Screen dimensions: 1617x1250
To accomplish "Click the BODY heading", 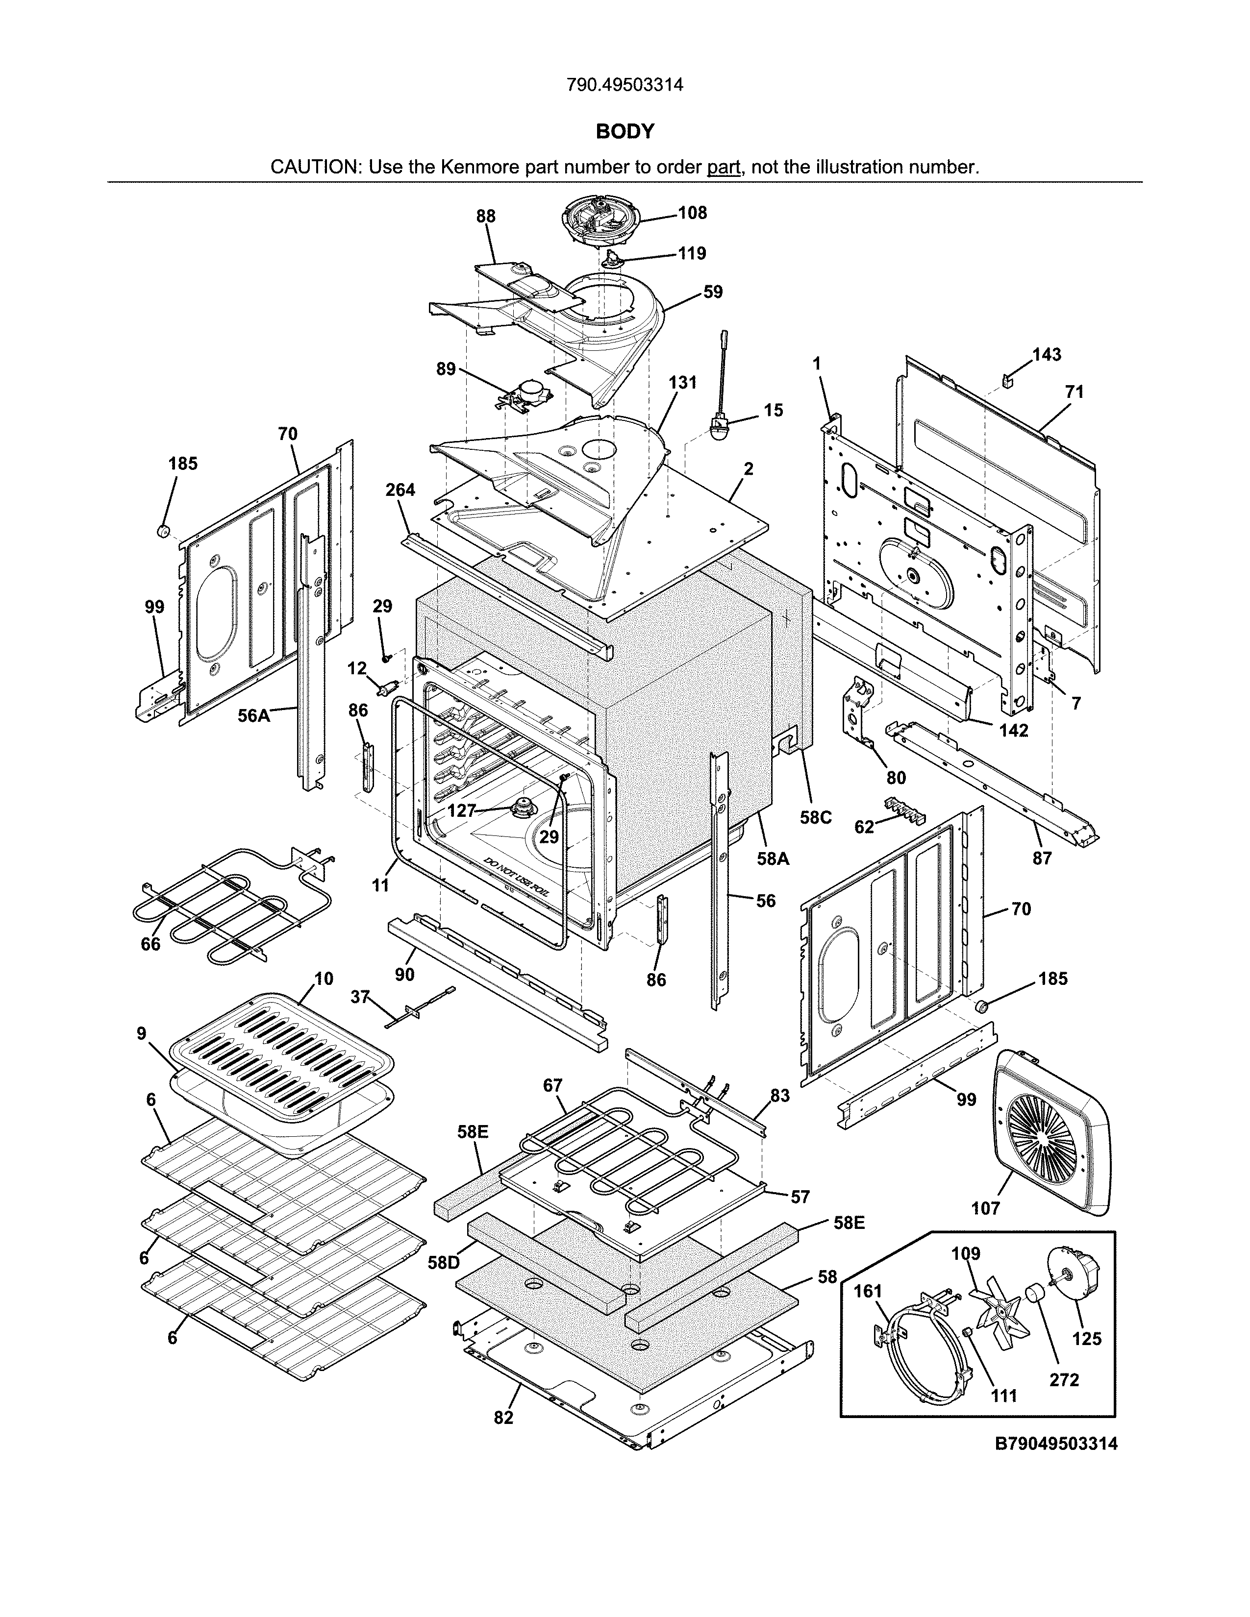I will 625,132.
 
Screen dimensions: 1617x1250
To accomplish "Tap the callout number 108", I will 692,213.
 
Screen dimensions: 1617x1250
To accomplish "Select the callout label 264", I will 400,490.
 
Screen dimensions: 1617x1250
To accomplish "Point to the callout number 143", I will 1047,355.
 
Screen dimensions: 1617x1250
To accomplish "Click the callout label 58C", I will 816,817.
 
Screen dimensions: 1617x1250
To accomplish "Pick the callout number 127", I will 461,811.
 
